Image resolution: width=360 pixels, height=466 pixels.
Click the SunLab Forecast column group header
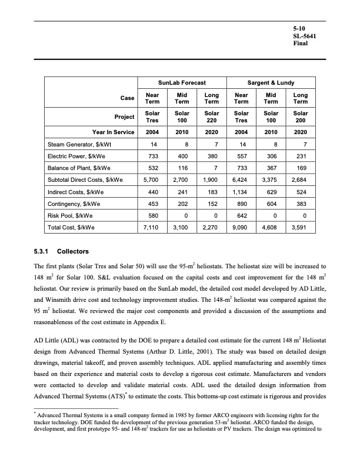[x=182, y=83]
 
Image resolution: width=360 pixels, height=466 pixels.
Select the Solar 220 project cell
[x=212, y=116]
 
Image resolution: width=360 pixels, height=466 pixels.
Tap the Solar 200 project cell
[x=301, y=116]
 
